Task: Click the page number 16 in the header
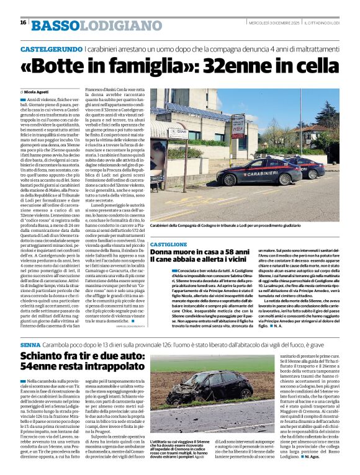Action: click(22, 22)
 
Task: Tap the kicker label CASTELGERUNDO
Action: click(52, 48)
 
